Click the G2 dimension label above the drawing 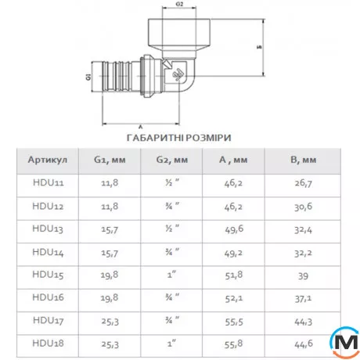click(179, 4)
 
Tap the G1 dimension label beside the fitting click(88, 77)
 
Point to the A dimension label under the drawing click(141, 128)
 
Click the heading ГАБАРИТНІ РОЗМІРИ click(179, 138)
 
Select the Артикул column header click(48, 160)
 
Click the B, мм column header click(304, 160)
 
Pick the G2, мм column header click(172, 160)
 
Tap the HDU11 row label click(49, 182)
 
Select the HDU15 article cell click(48, 275)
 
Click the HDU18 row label click(48, 344)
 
